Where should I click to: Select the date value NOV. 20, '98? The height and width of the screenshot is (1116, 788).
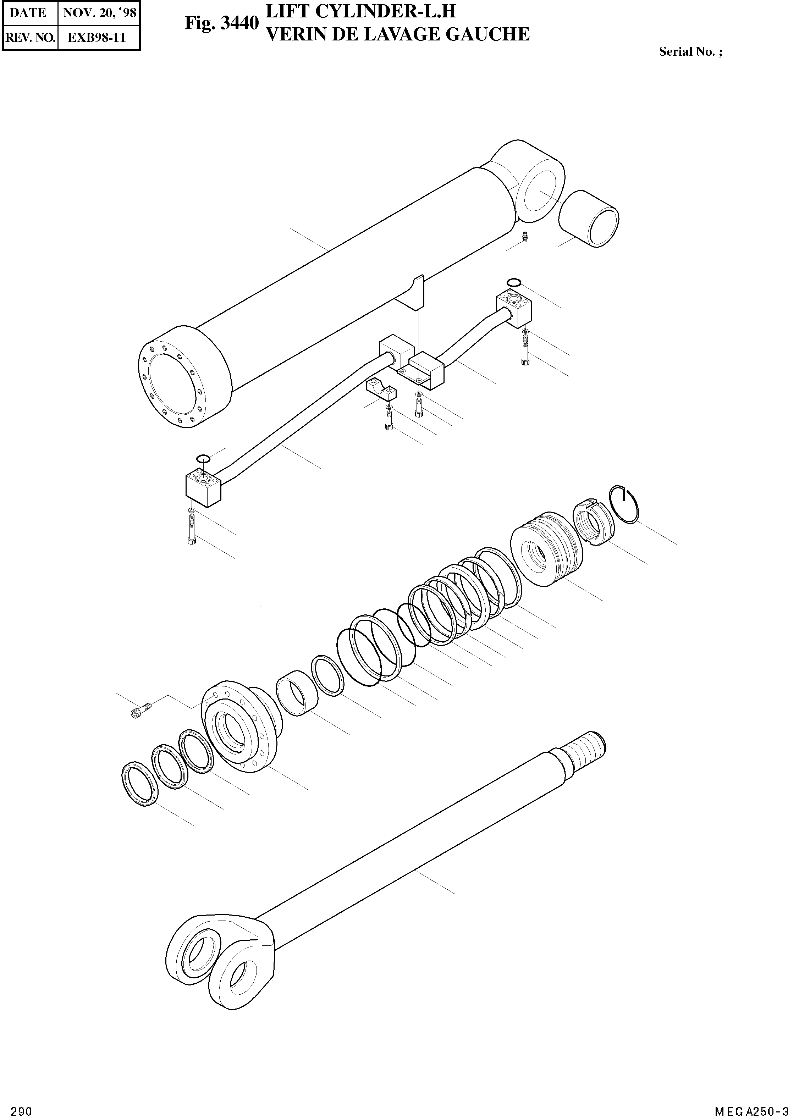pos(99,13)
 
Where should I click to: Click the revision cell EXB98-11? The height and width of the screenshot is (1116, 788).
pos(97,38)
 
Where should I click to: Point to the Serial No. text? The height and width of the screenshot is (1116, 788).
pos(690,52)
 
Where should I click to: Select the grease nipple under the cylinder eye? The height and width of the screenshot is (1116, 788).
pos(524,237)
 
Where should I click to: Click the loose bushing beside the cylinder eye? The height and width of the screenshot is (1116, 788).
pos(589,219)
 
